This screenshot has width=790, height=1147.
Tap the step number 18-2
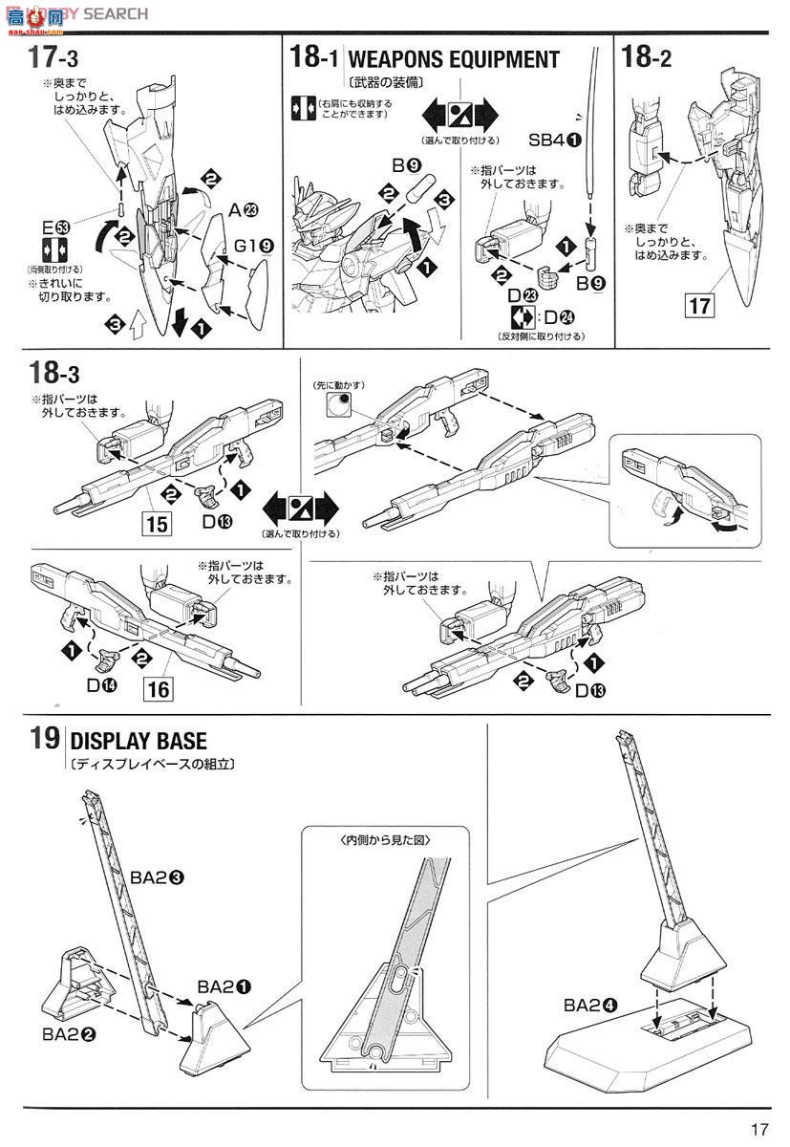click(647, 59)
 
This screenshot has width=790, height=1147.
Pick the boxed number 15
click(158, 524)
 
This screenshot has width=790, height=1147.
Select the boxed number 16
click(160, 688)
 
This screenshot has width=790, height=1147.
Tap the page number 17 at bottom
click(759, 1129)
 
